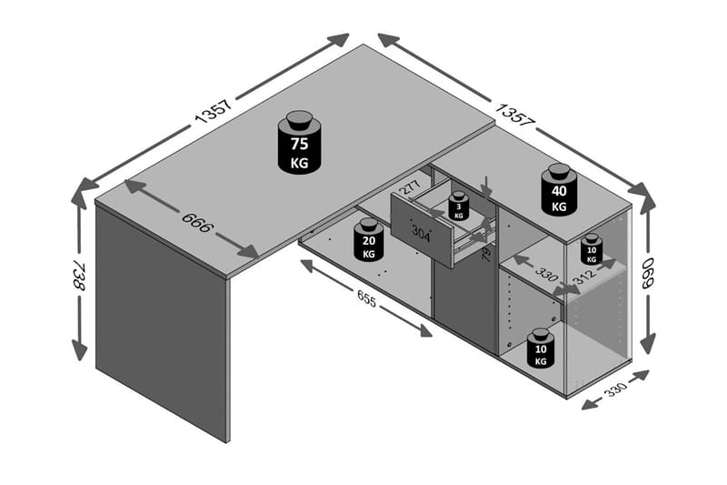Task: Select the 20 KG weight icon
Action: tap(368, 240)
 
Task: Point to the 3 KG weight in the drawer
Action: tap(459, 207)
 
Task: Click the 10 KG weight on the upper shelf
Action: tap(592, 248)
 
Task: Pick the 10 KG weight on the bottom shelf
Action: tap(541, 349)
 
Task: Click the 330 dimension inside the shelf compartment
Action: tap(546, 273)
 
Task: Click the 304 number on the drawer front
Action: tap(422, 233)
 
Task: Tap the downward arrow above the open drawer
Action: tap(487, 187)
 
